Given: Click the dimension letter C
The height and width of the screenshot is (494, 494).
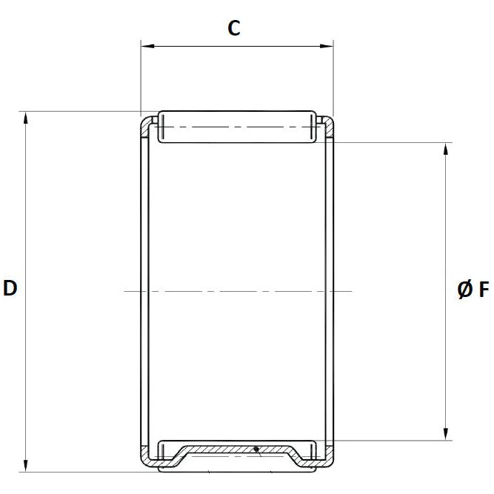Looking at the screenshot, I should pos(234,28).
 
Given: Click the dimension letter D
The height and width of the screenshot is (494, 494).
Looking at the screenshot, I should pos(10,288).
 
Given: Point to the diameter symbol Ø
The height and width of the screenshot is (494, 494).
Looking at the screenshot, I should pos(464,290).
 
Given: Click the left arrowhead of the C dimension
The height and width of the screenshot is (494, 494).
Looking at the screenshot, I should pos(146,47).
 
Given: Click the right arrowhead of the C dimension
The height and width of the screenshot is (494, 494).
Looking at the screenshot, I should pos(328,47).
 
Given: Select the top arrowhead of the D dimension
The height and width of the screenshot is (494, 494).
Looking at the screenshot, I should pos(27,117).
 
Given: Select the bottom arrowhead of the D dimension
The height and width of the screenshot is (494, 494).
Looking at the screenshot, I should pos(27,466).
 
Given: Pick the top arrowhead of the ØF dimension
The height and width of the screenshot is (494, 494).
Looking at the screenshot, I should pos(446,147).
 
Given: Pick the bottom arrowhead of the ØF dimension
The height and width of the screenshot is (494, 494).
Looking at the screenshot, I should pos(446,435).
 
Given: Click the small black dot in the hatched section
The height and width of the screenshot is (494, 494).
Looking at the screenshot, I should pos(256,448).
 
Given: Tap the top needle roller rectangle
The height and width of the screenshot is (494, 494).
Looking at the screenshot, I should pos(236,127).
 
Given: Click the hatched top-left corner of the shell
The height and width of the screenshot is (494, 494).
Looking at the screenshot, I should pos(147,126).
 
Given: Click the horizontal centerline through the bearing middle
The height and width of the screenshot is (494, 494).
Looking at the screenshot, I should pos(237,291).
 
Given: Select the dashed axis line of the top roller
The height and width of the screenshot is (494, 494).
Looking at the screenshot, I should pos(236,127).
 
